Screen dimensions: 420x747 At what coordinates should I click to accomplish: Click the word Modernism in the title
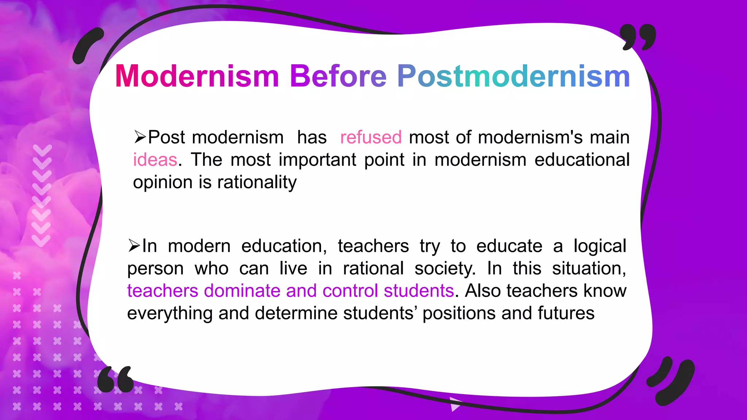197,76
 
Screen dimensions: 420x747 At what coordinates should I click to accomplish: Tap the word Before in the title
338,76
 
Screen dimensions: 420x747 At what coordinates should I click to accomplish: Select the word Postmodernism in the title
513,76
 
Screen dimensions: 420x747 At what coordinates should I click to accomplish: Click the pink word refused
371,137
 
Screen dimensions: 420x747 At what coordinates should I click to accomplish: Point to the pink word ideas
155,160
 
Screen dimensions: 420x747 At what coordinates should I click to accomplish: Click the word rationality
257,182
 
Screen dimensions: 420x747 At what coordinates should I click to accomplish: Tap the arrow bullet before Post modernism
140,137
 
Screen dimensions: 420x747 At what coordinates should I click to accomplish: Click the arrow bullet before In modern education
134,246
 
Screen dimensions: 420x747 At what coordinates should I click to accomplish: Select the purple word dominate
242,291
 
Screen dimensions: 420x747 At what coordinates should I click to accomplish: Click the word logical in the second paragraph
599,246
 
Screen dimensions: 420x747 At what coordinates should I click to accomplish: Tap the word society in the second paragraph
445,269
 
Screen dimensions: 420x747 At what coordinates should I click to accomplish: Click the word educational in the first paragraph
582,160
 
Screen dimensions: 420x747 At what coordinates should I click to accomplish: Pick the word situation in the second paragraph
588,269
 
